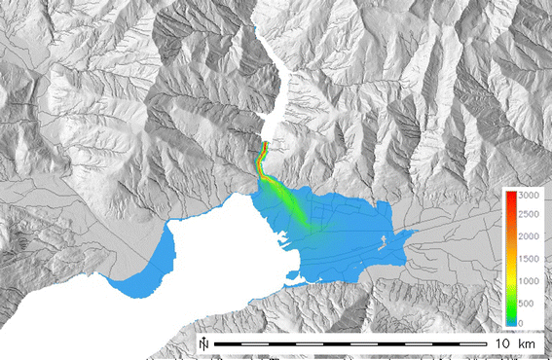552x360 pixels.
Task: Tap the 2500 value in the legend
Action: pos(529,217)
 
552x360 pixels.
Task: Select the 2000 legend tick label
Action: pos(529,238)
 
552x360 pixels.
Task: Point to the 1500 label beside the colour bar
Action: pos(529,260)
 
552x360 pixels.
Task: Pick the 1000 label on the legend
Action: pos(529,281)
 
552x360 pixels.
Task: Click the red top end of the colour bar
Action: pos(509,196)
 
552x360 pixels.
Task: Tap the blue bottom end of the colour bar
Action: pos(509,320)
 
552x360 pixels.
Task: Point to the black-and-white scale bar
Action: pos(350,344)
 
